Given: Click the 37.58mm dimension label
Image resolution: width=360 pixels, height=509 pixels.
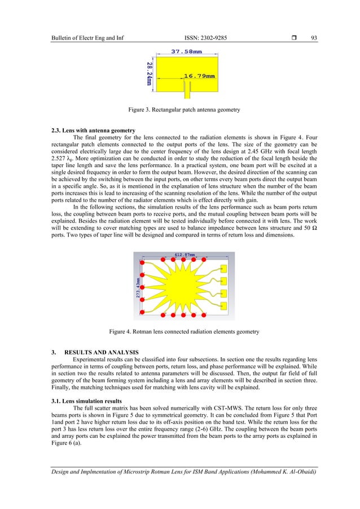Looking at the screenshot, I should (x=186, y=51).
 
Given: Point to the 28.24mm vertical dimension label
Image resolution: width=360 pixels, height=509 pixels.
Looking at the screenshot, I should (x=149, y=72).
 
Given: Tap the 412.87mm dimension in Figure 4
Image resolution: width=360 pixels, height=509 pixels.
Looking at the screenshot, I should (x=184, y=255).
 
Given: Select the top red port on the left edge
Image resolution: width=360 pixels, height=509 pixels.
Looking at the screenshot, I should (x=143, y=264).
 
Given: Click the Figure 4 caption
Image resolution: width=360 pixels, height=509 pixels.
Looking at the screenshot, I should (x=179, y=332).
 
